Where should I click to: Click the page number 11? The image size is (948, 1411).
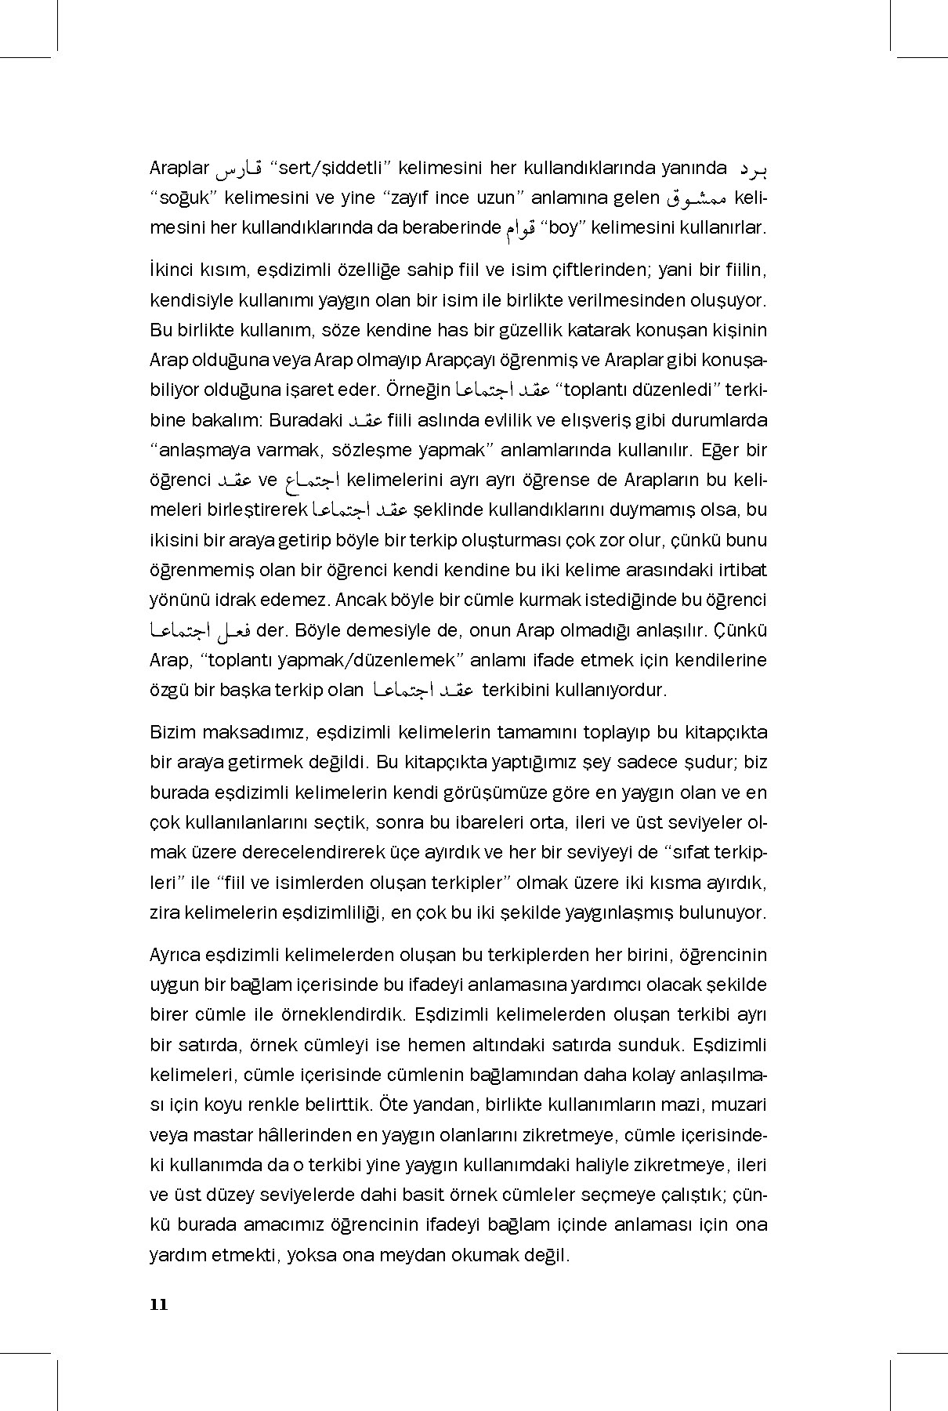click(x=158, y=1304)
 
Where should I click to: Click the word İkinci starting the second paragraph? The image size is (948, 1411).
click(x=173, y=270)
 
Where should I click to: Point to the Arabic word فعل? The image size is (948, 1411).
click(x=232, y=630)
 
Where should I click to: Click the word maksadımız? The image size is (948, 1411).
click(x=248, y=732)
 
